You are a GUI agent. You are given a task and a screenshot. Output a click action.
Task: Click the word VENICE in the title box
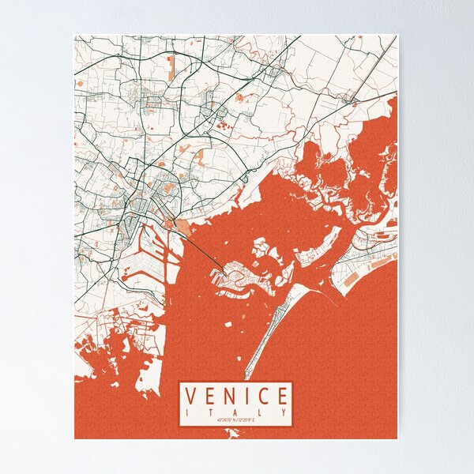[236, 396]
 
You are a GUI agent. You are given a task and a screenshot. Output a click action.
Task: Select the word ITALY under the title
[236, 412]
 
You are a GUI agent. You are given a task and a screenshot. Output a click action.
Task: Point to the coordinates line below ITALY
[236, 419]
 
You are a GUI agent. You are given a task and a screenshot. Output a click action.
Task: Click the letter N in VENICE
[229, 396]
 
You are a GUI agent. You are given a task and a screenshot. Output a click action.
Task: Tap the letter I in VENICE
[246, 396]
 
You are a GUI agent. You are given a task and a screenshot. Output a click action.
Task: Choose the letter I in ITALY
[188, 412]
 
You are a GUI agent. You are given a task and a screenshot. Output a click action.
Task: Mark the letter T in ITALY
[212, 412]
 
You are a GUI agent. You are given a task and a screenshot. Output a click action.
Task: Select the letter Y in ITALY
[284, 412]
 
